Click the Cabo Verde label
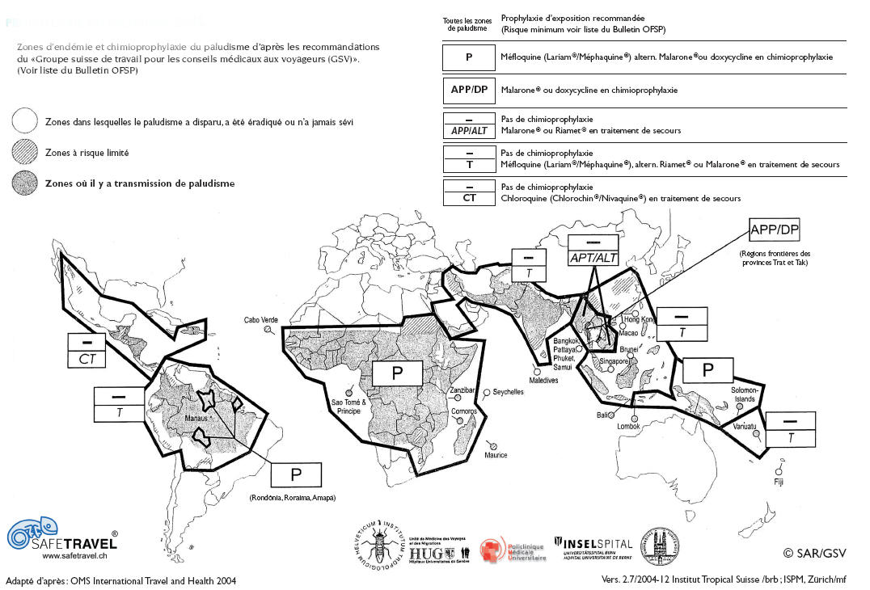(260, 320)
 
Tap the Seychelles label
(508, 392)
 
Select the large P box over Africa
(396, 373)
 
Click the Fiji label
(779, 482)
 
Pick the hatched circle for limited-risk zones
(26, 152)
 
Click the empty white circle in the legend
(26, 121)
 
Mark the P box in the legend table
(468, 57)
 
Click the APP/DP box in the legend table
(468, 90)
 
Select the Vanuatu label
(745, 425)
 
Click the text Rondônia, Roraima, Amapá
(293, 498)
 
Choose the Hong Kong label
(638, 320)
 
